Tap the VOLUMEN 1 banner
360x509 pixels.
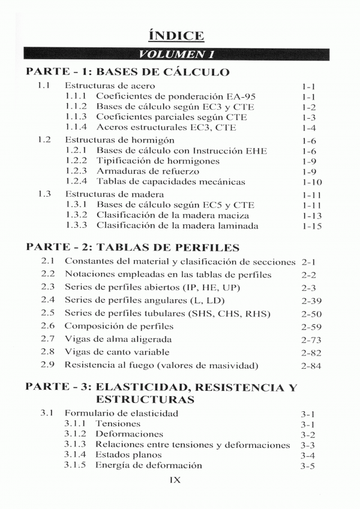point(179,55)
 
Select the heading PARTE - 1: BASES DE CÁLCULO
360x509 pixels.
point(128,73)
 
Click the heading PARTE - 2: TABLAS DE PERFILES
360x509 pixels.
point(133,246)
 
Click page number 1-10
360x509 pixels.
point(313,182)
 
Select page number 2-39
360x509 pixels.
point(311,300)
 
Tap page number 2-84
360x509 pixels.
point(311,366)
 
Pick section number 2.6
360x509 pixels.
point(48,326)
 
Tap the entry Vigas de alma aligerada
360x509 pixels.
point(118,339)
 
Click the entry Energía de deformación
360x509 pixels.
point(149,465)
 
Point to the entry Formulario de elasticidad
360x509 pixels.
point(121,413)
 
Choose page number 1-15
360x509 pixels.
point(313,227)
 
